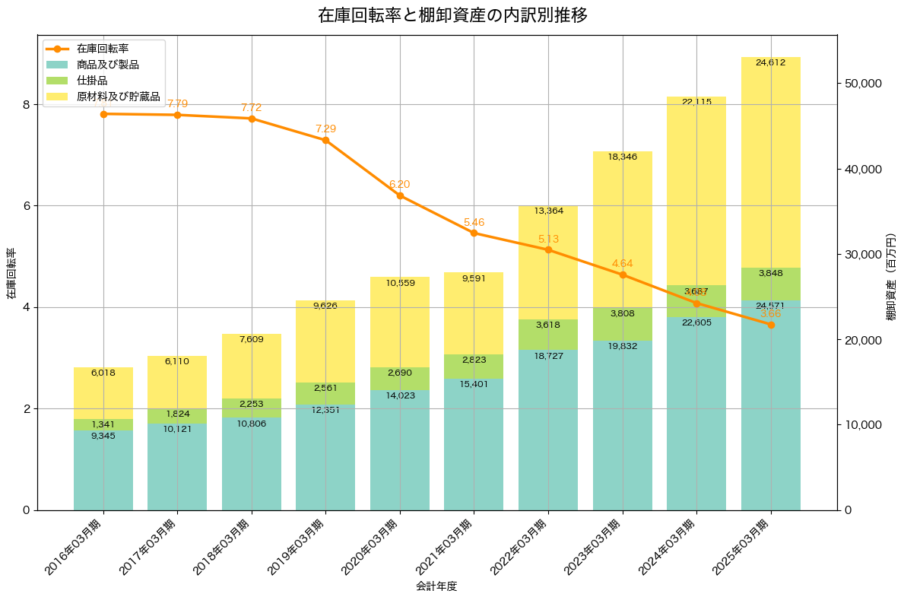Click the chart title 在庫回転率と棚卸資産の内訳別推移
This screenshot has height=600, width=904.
[452, 15]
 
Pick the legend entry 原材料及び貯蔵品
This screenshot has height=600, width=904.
[118, 97]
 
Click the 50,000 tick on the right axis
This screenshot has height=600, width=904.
[869, 83]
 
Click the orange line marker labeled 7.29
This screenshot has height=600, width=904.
[325, 140]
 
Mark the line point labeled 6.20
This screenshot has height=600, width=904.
[400, 195]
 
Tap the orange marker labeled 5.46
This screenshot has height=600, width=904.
[474, 233]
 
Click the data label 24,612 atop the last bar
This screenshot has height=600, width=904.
[770, 62]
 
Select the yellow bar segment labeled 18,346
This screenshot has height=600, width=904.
[622, 228]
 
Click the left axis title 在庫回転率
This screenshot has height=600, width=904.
[11, 273]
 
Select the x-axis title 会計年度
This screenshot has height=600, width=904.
[436, 586]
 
